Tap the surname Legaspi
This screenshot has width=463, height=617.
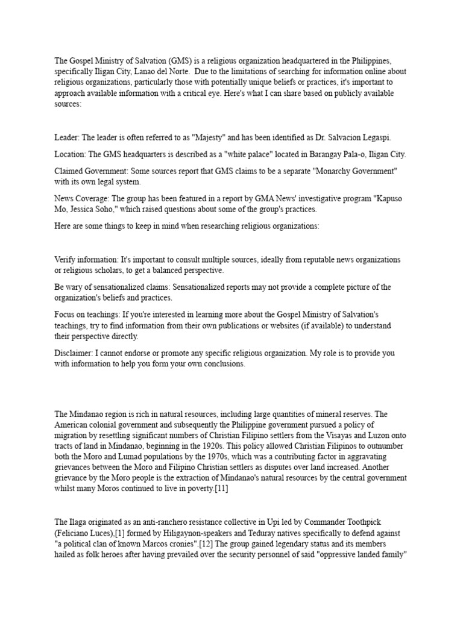pyautogui.click(x=363, y=138)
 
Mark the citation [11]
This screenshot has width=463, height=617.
pyautogui.click(x=218, y=489)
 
